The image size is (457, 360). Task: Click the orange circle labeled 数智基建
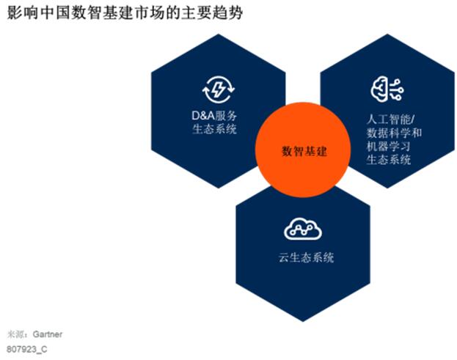coord(303,150)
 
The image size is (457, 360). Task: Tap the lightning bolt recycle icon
coord(219,89)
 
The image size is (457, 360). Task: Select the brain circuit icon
coord(387,89)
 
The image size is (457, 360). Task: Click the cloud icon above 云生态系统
coord(303,229)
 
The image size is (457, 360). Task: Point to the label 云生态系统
coord(307,257)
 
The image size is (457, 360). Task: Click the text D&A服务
coord(214,116)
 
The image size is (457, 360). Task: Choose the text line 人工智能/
coord(391,120)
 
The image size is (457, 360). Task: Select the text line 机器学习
coord(389,146)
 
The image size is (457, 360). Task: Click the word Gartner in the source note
coord(48,334)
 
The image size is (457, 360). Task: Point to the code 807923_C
coord(27,349)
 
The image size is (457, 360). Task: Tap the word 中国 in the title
coord(55,12)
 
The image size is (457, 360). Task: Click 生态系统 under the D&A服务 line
coord(214,129)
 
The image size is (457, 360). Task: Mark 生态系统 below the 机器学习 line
coord(389,160)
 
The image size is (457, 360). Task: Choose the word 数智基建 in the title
coord(102,12)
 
